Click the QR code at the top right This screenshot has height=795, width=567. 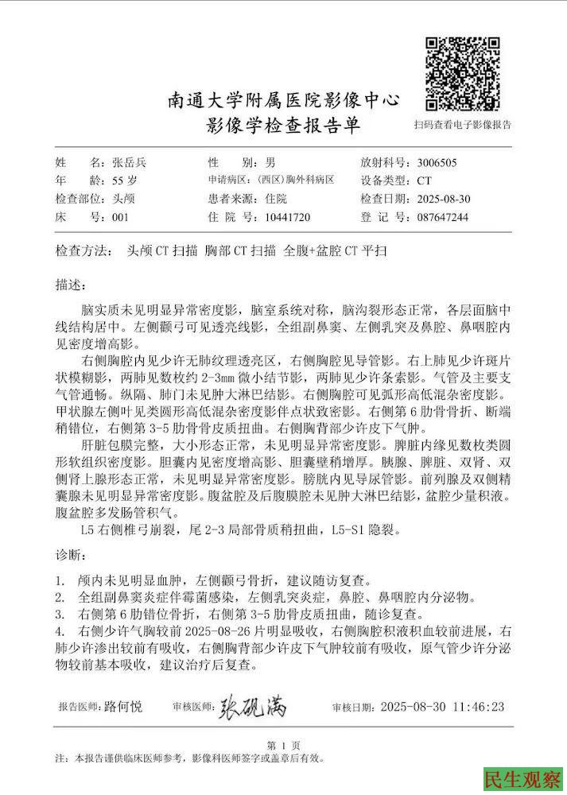pos(462,73)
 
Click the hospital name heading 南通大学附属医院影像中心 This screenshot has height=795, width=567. pos(283,101)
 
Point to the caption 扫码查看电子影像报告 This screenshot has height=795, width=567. pos(463,125)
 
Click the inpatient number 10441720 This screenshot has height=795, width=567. pos(285,217)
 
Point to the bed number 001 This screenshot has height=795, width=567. pos(120,217)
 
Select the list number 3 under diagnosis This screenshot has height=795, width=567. pos(60,614)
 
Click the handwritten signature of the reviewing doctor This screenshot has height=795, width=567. pos(252,704)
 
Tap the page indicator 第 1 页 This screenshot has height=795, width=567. pos(283,745)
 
